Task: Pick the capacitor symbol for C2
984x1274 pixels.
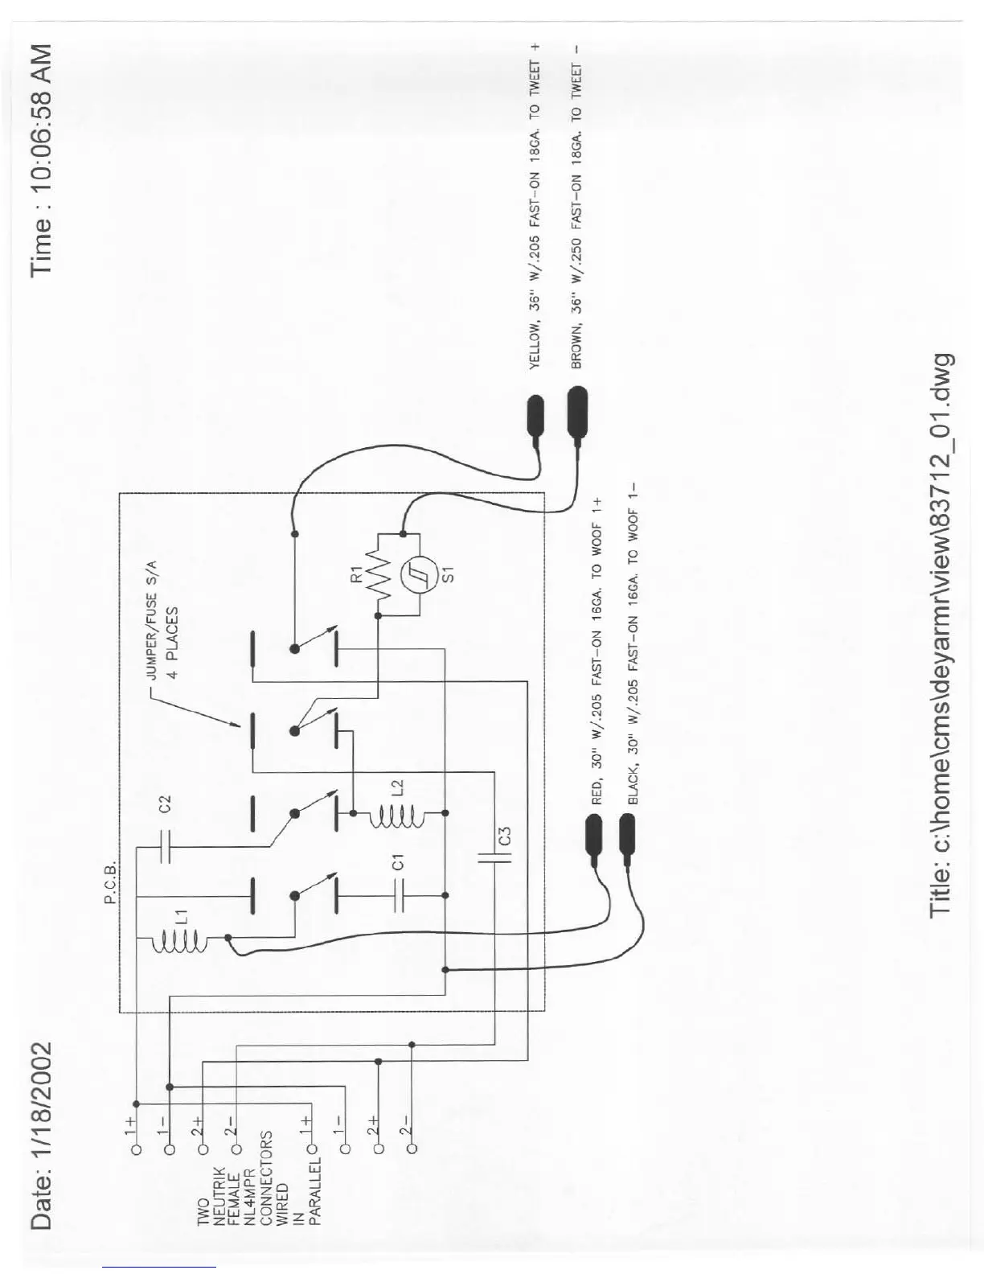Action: click(164, 846)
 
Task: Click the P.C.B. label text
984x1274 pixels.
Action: click(111, 883)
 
